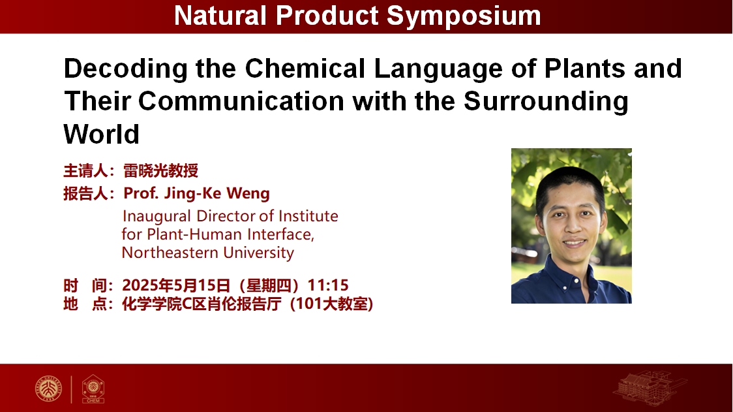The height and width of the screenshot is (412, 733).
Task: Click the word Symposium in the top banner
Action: coord(464,16)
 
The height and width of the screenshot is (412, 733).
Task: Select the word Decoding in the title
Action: coord(126,69)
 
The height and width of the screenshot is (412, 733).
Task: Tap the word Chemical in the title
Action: coord(305,69)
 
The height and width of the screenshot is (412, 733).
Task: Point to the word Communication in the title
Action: coord(241,101)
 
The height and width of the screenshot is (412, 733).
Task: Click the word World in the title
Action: coord(102,135)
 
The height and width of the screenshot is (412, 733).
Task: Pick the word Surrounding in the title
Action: coord(546,102)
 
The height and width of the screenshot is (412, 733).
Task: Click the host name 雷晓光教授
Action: coord(160,171)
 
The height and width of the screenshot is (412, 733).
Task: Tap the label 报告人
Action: coord(85,193)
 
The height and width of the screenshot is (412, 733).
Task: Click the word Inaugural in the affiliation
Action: coord(156,217)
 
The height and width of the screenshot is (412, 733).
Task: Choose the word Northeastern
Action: coord(170,253)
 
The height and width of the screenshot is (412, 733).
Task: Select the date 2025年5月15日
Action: coord(176,285)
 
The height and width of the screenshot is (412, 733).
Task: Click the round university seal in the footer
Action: coord(49,388)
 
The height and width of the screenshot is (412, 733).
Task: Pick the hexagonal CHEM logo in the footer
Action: coord(93,388)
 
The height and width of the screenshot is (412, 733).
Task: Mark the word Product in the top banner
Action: coord(326,16)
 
